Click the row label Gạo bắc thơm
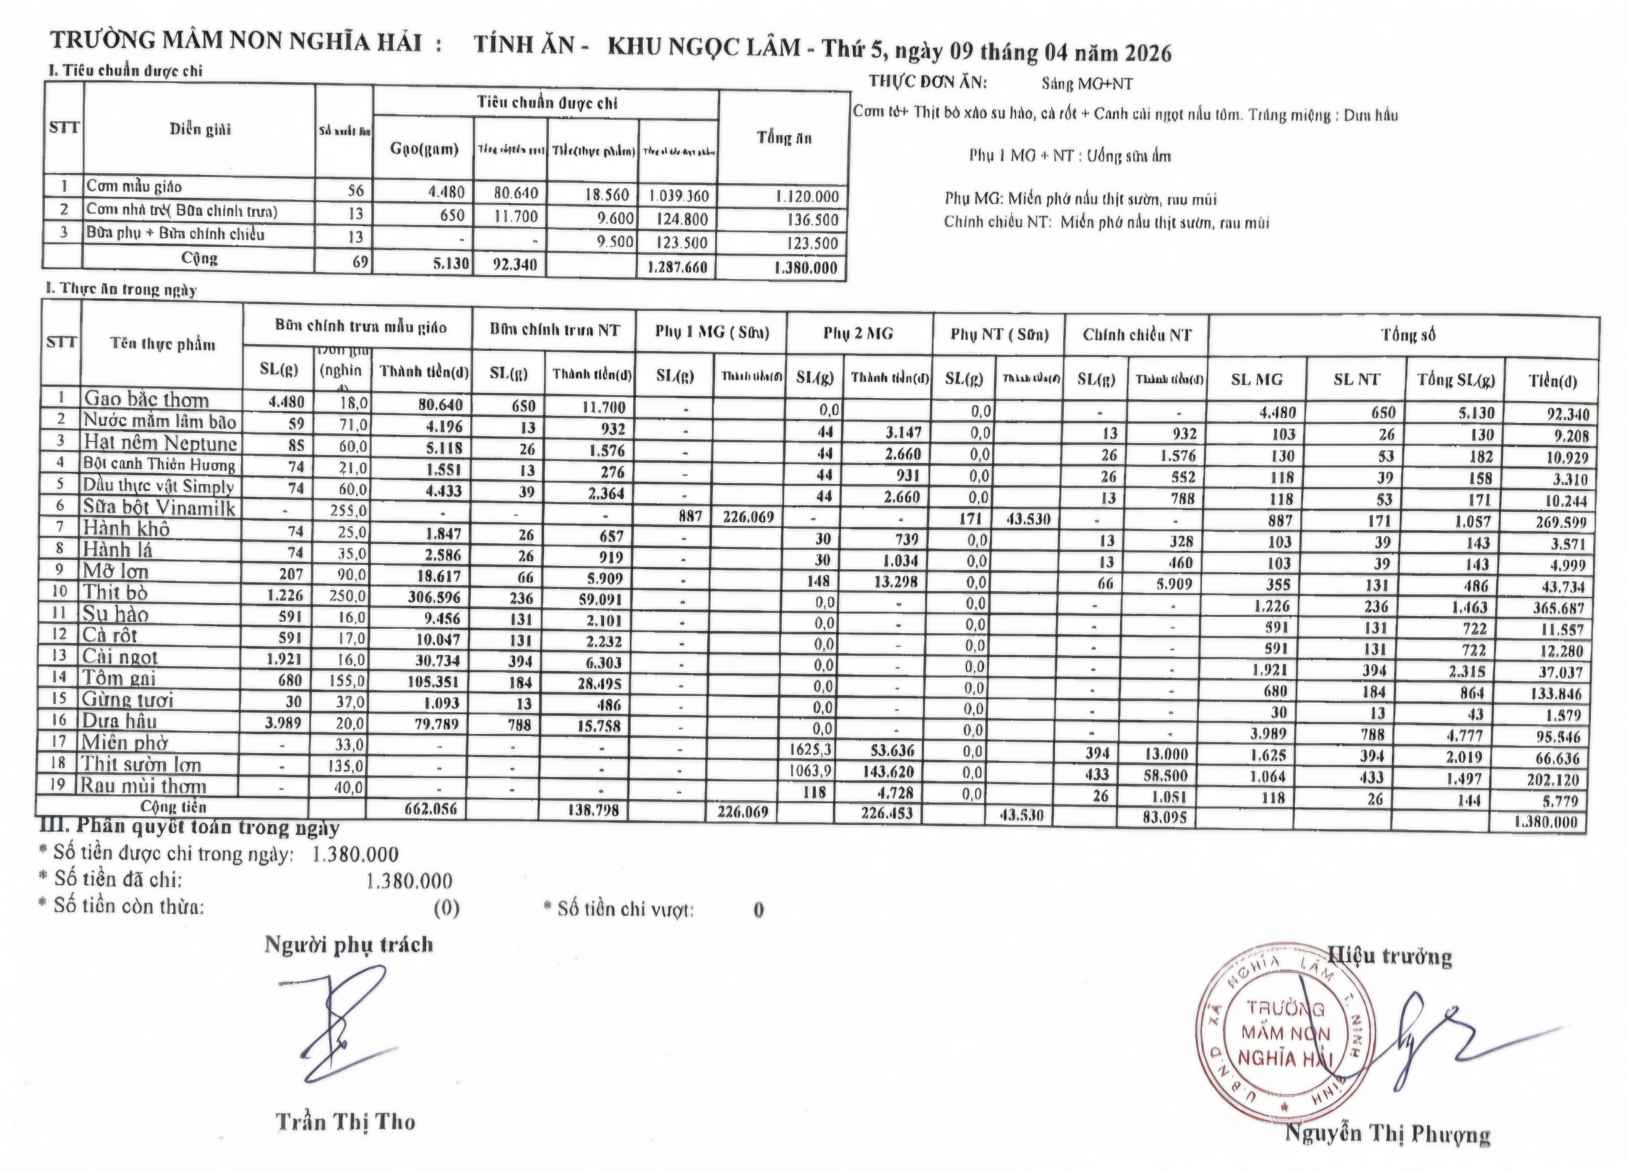pos(146,399)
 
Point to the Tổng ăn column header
pos(784,138)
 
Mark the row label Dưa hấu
pos(119,721)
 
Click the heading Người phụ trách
pos(349,945)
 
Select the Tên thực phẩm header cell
pos(162,344)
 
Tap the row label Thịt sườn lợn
pos(140,764)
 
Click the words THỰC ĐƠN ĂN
pos(928,82)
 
